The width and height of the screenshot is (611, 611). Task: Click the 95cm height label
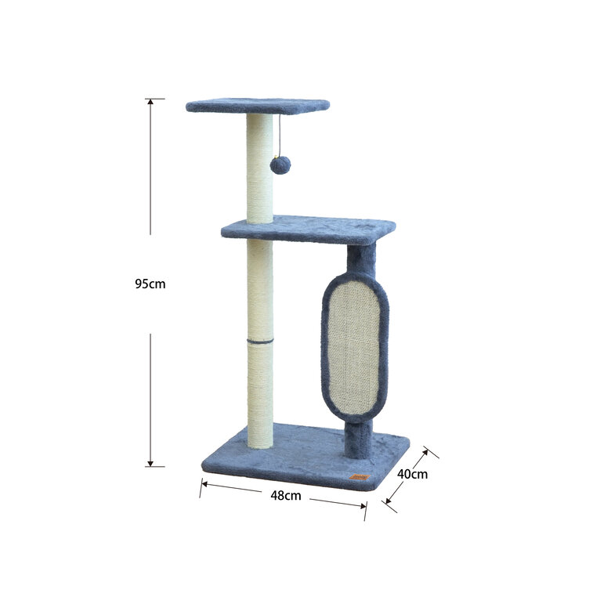pyautogui.click(x=150, y=284)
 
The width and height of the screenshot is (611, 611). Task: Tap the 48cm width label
pyautogui.click(x=286, y=495)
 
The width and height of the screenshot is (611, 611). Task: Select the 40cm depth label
pyautogui.click(x=412, y=474)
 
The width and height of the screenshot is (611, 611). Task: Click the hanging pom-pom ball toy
pyautogui.click(x=280, y=164)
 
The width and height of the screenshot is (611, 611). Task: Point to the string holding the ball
pyautogui.click(x=280, y=135)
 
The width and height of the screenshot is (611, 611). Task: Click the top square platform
pyautogui.click(x=258, y=106)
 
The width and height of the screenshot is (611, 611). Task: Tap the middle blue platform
pyautogui.click(x=308, y=230)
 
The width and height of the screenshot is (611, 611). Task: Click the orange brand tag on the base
pyautogui.click(x=360, y=477)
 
